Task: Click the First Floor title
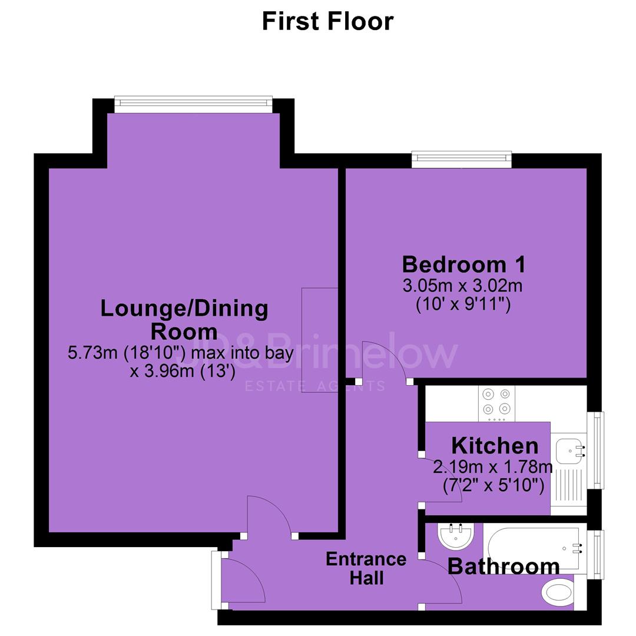[x=328, y=22]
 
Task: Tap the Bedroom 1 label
[x=463, y=264]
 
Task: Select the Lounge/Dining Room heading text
[x=184, y=320]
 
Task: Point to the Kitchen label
[x=495, y=446]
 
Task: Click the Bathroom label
[x=503, y=567]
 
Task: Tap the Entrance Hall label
[x=366, y=569]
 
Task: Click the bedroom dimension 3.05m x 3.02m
[x=462, y=286]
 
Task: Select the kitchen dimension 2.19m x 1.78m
[x=493, y=467]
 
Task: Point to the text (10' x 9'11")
[x=463, y=304]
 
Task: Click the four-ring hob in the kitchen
[x=496, y=403]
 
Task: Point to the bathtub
[x=535, y=548]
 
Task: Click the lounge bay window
[x=194, y=104]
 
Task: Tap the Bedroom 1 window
[x=462, y=160]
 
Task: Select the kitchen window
[x=596, y=450]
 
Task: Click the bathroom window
[x=596, y=555]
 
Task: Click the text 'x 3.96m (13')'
[x=183, y=371]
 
